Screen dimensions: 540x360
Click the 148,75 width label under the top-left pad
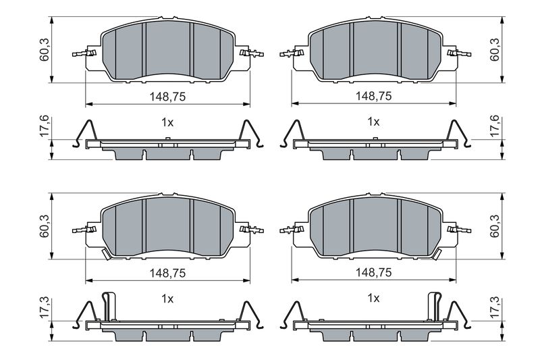tap(167, 97)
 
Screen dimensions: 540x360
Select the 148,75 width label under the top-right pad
tap(374, 96)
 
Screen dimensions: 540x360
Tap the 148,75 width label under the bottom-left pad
tap(167, 273)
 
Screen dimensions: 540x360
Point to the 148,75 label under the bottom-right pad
tap(374, 272)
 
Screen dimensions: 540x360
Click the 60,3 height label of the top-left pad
tap(45, 50)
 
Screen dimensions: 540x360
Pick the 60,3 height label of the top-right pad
tap(495, 50)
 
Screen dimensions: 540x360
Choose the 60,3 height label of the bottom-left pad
tap(45, 226)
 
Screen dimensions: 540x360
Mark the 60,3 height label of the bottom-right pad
tap(495, 226)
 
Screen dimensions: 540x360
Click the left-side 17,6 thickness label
tap(45, 127)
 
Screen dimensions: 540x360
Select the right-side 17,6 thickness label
tap(495, 126)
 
